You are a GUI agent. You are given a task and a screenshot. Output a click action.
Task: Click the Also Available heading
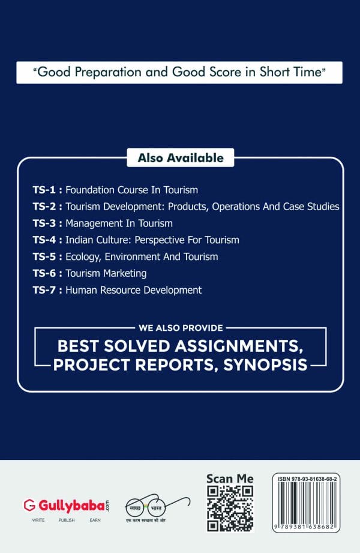coord(181,158)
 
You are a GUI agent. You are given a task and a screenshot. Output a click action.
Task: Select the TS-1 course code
coord(44,190)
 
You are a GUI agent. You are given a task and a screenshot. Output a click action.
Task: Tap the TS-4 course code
coord(44,240)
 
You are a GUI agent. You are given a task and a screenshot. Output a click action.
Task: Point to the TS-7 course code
coord(44,290)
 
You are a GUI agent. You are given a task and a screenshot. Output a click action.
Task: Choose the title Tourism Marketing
coord(106,274)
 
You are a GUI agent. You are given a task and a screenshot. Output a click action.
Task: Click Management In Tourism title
coord(119,223)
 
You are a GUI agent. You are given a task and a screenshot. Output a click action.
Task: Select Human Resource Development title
coord(134,290)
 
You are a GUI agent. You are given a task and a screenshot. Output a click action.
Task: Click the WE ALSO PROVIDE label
coord(181,328)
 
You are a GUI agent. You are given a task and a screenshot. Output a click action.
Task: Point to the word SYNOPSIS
coord(266,365)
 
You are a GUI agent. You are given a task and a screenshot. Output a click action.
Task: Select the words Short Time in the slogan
coord(290,72)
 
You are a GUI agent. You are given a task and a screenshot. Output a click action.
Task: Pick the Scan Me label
coord(230,479)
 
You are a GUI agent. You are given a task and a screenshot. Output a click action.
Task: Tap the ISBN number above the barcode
coord(307,479)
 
